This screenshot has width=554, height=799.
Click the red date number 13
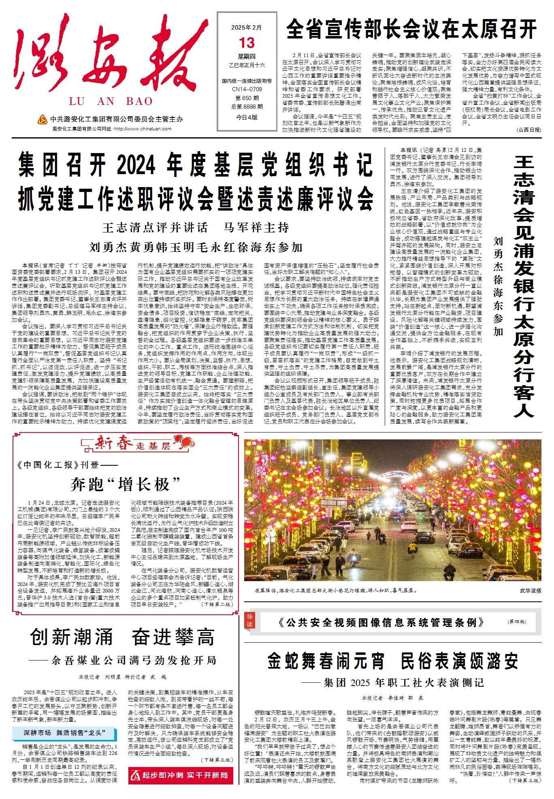point(247,43)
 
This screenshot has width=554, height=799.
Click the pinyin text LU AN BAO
point(111,101)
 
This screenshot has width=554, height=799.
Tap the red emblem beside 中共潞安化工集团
point(42,119)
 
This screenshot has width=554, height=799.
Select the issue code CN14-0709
point(247,89)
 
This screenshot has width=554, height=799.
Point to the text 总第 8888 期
point(247,107)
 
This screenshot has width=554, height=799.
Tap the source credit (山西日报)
point(528,130)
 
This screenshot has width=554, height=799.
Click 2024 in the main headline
point(136,165)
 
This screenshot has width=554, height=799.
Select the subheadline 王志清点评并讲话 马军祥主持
point(196,228)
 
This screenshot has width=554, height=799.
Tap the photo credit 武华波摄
point(530,591)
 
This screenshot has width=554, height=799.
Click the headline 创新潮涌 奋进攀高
point(122,637)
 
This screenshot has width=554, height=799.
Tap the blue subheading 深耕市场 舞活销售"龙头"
point(64,733)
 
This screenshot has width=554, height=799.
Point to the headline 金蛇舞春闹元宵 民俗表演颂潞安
point(392,661)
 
